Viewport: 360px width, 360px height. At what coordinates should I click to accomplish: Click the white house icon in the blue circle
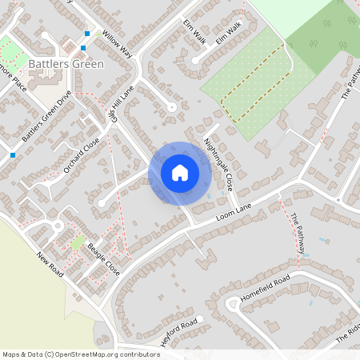(x=179, y=172)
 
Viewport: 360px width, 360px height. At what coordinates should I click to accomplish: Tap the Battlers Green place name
(x=66, y=63)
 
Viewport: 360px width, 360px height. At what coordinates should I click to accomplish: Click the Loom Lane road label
(x=234, y=211)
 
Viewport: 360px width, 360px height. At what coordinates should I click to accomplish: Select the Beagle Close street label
(x=103, y=259)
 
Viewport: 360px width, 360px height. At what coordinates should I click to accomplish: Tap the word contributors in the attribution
(x=135, y=354)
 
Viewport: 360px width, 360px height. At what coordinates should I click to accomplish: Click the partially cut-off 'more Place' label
(x=11, y=80)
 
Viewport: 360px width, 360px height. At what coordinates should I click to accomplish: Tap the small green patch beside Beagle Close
(x=78, y=242)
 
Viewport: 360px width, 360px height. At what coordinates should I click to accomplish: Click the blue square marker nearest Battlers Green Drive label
(x=13, y=154)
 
